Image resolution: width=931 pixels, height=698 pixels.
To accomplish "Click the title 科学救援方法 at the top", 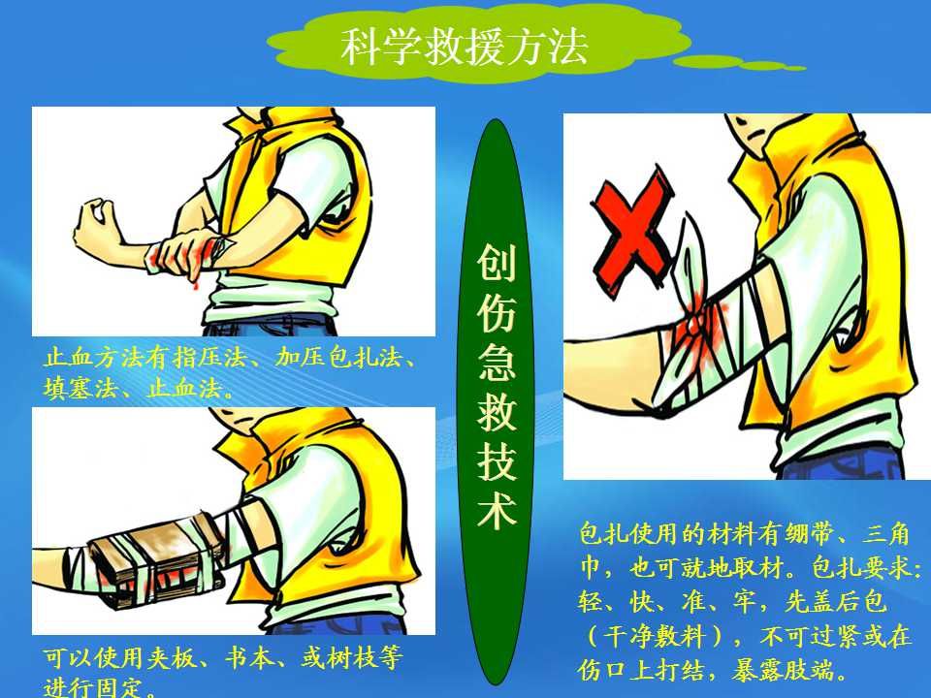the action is point(464,47).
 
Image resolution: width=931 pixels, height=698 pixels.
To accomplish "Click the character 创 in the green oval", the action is point(496,264).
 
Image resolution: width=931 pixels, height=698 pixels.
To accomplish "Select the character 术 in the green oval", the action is point(496,511).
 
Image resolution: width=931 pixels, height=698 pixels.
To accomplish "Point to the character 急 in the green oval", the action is point(496,363).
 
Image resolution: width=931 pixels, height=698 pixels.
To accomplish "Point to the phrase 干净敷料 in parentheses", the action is point(655,638).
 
